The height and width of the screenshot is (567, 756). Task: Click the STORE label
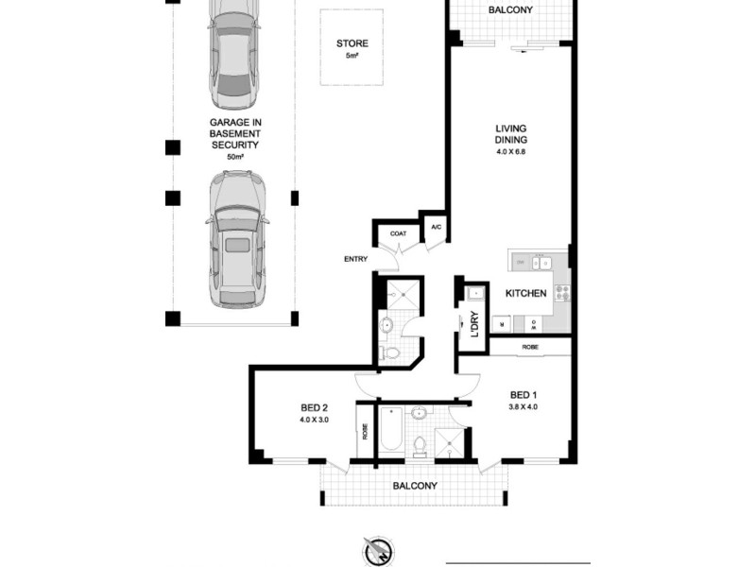click(x=352, y=43)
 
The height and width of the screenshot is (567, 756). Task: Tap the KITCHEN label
click(x=525, y=294)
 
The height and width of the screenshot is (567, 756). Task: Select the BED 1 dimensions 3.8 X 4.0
click(x=523, y=407)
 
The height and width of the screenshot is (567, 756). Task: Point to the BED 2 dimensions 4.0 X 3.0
click(x=314, y=419)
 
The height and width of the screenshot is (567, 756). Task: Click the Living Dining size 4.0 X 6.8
click(x=511, y=152)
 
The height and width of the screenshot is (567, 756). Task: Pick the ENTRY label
click(x=355, y=259)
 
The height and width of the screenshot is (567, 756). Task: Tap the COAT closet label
click(x=398, y=232)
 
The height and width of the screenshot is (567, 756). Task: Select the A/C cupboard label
click(x=436, y=228)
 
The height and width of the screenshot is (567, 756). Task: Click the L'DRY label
click(x=474, y=324)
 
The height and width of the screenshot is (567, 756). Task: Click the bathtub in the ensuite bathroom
click(x=390, y=434)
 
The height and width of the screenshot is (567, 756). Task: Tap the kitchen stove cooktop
click(x=561, y=293)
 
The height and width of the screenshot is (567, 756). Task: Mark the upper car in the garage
click(x=232, y=55)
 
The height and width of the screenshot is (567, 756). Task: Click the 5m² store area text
click(x=352, y=56)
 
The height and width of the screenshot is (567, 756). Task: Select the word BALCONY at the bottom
click(x=417, y=486)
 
